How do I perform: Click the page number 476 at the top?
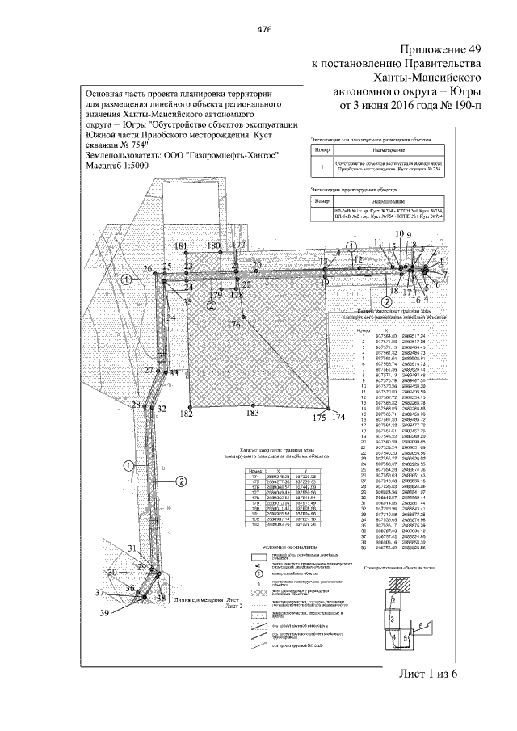pyautogui.click(x=263, y=28)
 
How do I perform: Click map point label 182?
pyautogui.click(x=187, y=414)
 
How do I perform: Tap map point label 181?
pyautogui.click(x=181, y=246)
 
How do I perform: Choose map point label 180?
pyautogui.click(x=213, y=246)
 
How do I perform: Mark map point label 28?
pyautogui.click(x=136, y=405)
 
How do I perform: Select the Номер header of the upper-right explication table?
pyautogui.click(x=322, y=151)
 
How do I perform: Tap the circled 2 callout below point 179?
pyautogui.click(x=210, y=306)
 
